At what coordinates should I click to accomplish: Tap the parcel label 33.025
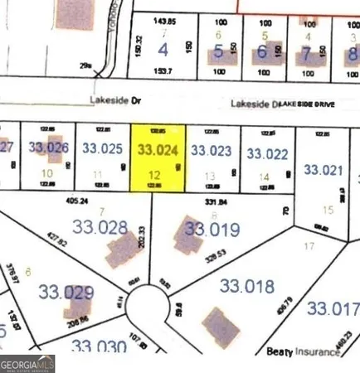[102, 149]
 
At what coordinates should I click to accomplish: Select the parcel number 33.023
[211, 151]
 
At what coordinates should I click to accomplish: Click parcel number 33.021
[323, 170]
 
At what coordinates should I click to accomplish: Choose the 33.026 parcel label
[47, 148]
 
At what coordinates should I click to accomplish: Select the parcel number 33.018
[246, 286]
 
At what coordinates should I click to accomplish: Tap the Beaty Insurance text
[303, 352]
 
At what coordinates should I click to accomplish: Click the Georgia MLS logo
[27, 363]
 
